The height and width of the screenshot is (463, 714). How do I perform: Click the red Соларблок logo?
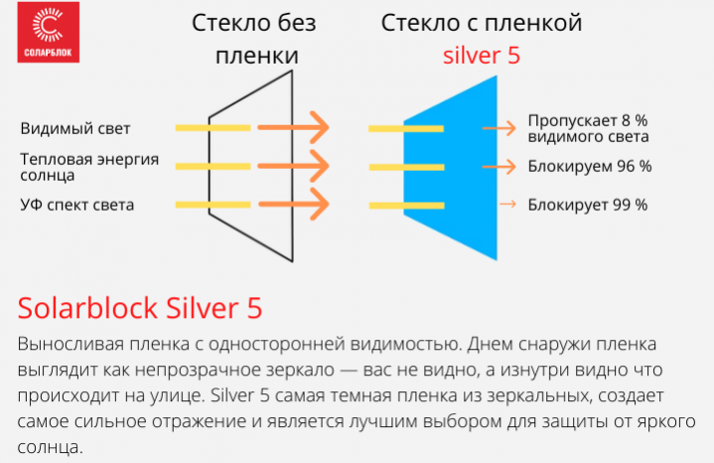click(x=49, y=32)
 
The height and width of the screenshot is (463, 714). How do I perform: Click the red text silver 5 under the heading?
click(x=482, y=56)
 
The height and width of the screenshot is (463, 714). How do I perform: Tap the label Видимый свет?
click(x=75, y=128)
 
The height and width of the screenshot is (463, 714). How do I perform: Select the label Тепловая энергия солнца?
click(x=89, y=167)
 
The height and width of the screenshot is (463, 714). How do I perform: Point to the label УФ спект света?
click(x=76, y=205)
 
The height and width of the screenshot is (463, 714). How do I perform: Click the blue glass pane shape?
click(x=450, y=168)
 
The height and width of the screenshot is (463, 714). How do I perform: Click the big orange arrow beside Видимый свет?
click(x=293, y=127)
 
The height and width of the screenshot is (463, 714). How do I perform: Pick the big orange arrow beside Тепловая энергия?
click(x=293, y=166)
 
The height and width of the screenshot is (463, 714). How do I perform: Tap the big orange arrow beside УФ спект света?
click(x=293, y=204)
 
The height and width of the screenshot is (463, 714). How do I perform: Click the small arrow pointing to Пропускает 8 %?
click(x=500, y=128)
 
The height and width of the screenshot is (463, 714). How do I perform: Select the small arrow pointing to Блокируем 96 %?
click(x=500, y=166)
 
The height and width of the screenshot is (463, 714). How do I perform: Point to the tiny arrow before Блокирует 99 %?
click(x=507, y=204)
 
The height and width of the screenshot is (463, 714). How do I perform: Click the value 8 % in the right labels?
click(x=635, y=121)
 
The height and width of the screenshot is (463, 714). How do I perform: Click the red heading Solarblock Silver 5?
click(x=140, y=308)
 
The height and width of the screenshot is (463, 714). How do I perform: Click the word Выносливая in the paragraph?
click(x=71, y=344)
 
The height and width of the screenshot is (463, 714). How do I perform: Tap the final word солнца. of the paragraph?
click(x=50, y=447)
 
